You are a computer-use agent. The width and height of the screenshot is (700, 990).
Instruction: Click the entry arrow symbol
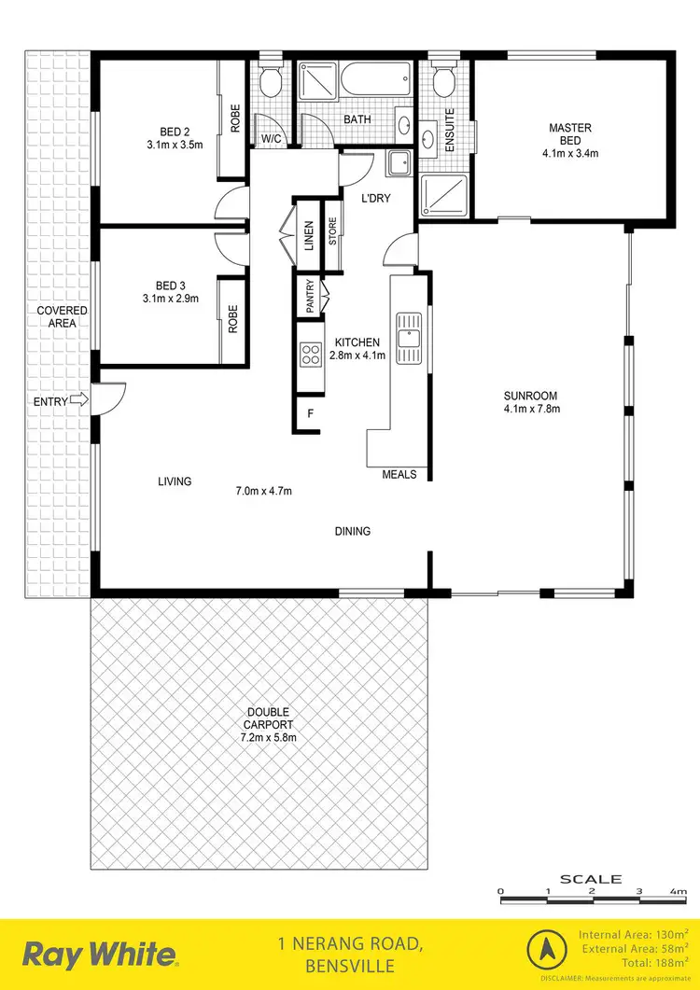[x=79, y=400]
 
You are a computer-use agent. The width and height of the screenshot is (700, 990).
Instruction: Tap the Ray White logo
[x=100, y=954]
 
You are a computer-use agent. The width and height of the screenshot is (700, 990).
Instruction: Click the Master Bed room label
[x=569, y=134]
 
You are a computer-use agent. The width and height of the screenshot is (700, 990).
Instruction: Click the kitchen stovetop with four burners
[x=311, y=353]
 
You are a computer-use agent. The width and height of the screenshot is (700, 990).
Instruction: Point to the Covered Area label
[x=63, y=316]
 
